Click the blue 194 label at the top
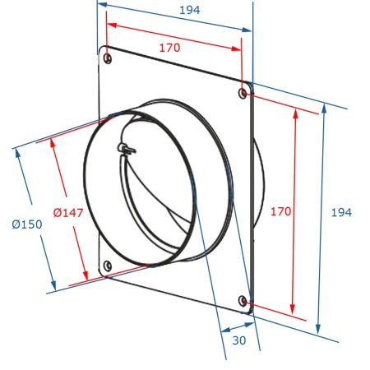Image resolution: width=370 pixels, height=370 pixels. (190, 10)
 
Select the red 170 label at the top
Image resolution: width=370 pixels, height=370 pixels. (170, 48)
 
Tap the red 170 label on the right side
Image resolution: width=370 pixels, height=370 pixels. (281, 211)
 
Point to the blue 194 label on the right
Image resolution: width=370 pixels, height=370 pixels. (341, 212)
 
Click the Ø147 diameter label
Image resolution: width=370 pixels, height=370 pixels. (68, 213)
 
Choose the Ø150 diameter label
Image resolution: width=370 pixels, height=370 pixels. (27, 224)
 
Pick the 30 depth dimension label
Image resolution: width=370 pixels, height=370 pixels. (239, 340)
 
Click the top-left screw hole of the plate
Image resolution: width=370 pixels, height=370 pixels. (108, 58)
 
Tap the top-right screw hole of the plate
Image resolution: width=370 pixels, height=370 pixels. (243, 94)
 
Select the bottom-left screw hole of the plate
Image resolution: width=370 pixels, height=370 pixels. (107, 266)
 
